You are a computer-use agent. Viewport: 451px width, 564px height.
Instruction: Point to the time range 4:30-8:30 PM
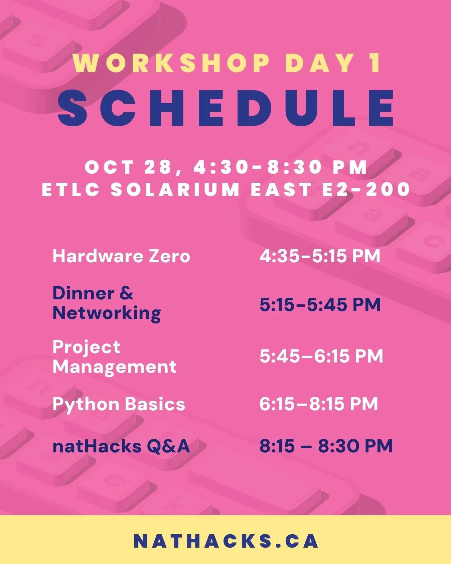tap(281, 167)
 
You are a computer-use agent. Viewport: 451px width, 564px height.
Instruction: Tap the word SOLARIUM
tap(175, 189)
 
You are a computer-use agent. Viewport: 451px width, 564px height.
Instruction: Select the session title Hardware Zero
tap(121, 256)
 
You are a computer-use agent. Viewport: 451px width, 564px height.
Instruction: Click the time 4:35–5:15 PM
tap(320, 256)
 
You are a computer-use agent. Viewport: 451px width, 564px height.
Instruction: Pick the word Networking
tap(107, 313)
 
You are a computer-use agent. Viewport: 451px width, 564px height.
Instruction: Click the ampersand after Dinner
tap(126, 293)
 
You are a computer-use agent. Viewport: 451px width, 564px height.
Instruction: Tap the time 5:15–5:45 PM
tap(320, 305)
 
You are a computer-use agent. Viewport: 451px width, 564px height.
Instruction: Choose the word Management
tap(114, 367)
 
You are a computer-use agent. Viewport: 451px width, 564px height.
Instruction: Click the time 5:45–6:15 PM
tap(321, 356)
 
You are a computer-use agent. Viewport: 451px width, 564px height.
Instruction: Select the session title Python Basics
tap(119, 404)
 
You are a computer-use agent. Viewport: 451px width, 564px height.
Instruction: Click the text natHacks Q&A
tap(121, 446)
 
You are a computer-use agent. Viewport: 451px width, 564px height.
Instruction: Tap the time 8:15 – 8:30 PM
tap(326, 446)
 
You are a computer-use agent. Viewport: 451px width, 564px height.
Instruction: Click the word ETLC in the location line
tap(71, 189)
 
